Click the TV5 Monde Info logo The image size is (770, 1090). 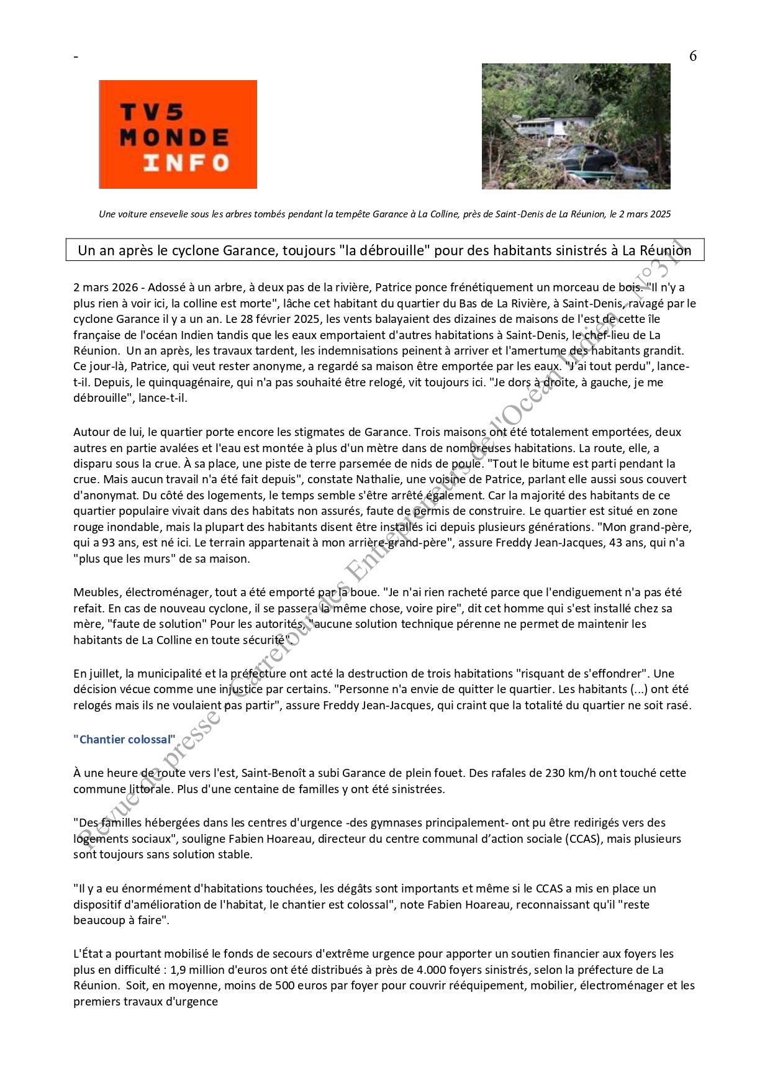(178, 134)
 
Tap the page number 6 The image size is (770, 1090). (693, 56)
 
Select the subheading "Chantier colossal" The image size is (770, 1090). (124, 739)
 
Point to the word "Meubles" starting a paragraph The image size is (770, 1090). (96, 593)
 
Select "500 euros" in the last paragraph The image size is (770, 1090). (298, 986)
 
